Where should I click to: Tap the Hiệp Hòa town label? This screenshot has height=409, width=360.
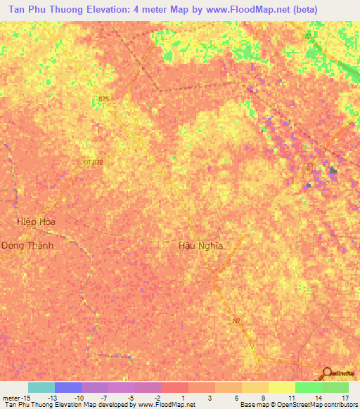[36, 221]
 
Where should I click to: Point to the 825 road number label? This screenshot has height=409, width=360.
[104, 99]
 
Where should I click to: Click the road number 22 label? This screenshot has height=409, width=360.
[308, 36]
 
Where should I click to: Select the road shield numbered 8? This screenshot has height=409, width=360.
[307, 168]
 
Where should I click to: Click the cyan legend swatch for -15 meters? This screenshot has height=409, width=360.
[41, 387]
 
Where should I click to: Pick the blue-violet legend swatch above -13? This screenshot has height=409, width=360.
[67, 387]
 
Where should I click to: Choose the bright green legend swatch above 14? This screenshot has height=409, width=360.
[308, 387]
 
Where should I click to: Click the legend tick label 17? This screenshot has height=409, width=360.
[345, 397]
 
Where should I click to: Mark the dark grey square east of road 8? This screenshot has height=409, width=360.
[333, 170]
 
